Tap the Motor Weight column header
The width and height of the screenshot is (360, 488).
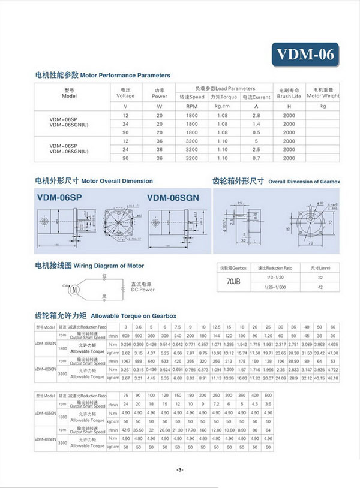tap(323, 92)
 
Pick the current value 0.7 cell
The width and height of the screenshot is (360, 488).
tap(256, 159)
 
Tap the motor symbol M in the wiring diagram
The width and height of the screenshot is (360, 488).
tap(76, 290)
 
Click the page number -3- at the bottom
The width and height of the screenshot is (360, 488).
tap(179, 469)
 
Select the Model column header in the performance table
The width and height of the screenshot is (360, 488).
tap(70, 92)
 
